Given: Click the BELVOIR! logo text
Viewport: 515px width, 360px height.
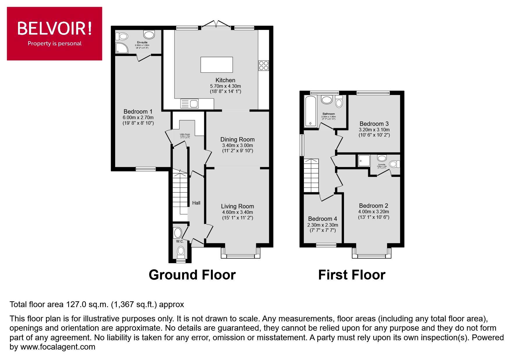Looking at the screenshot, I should [54, 28].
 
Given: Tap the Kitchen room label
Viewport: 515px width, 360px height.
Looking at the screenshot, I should [225, 80].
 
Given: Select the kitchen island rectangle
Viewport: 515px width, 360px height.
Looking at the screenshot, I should [217, 65].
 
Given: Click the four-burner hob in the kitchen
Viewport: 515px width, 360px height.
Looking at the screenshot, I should [264, 65].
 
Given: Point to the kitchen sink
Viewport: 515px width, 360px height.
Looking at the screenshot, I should [189, 103].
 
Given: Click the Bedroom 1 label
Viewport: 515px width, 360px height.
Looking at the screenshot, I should [138, 112].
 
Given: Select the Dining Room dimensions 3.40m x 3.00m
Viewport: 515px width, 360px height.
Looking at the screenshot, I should [237, 146].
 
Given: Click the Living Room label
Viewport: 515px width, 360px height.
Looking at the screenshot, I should [237, 206].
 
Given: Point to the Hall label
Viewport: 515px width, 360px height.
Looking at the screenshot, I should [196, 203].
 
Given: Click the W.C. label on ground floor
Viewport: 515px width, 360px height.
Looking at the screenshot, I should [180, 241].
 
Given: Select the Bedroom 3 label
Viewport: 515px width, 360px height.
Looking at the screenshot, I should [374, 124].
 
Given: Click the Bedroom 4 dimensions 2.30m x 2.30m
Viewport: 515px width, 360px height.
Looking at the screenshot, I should [322, 225].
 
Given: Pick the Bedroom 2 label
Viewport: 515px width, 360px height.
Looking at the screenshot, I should [373, 206].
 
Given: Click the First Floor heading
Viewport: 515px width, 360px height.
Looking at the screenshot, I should [352, 275].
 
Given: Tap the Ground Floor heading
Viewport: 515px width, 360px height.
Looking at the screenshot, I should [192, 275].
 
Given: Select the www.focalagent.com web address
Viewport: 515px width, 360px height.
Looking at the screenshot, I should [58, 347].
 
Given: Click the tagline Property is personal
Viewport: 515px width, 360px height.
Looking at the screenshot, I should [54, 44].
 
